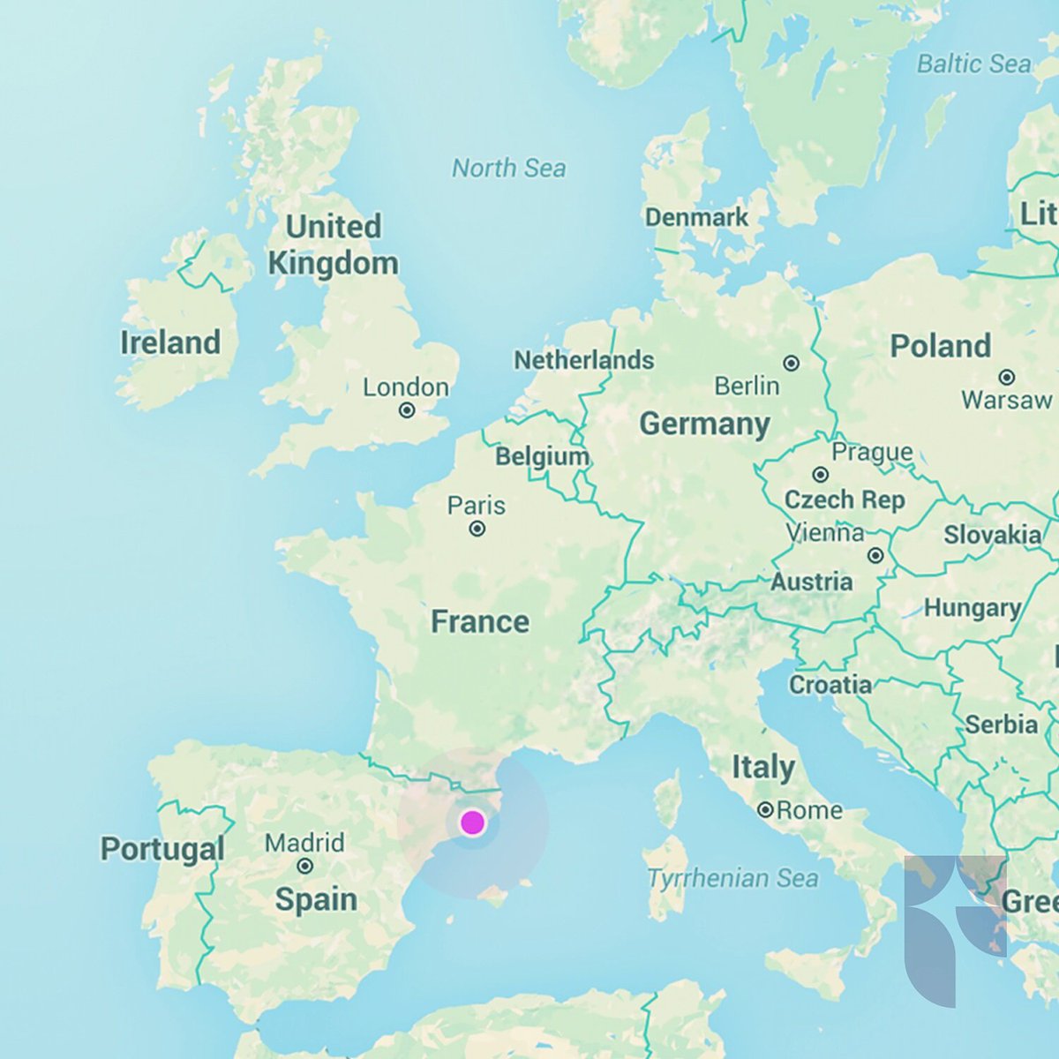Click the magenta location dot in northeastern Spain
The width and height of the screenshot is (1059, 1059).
tap(472, 822)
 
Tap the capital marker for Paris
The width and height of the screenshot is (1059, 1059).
tap(477, 529)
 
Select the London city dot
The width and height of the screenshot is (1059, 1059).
tap(407, 410)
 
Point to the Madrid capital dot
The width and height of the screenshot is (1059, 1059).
tap(305, 867)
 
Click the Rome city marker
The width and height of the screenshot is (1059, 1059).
tap(765, 809)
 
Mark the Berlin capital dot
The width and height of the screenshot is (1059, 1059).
tap(792, 363)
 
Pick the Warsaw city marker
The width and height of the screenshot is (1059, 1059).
tap(1006, 377)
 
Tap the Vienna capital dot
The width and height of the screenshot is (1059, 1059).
tap(875, 555)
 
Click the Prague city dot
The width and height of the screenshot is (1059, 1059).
tap(821, 475)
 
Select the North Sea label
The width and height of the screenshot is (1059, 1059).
tap(508, 168)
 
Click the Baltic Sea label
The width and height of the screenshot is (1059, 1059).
tap(973, 64)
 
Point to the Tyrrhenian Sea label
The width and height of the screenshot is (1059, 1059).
tap(732, 878)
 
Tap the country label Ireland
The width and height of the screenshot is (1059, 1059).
tap(170, 342)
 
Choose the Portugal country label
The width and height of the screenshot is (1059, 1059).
tap(162, 849)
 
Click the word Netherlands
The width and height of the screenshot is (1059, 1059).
tap(583, 360)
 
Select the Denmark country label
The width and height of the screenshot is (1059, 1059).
tap(696, 217)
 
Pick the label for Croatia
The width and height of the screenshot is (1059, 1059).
tap(830, 684)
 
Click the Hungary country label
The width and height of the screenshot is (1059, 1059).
tap(972, 608)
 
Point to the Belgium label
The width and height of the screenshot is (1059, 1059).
tap(542, 456)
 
